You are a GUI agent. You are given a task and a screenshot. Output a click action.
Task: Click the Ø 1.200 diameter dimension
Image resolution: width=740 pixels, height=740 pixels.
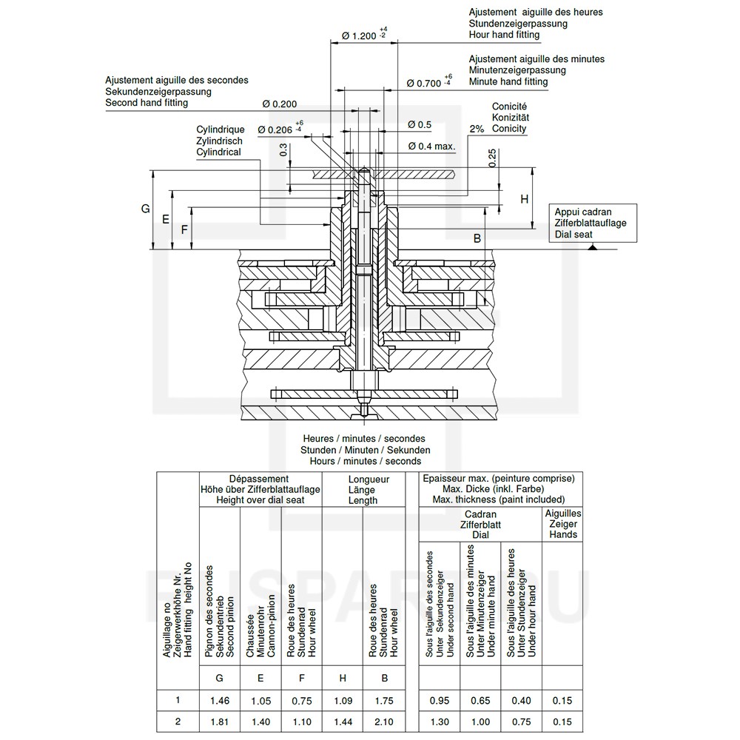[x=365, y=36]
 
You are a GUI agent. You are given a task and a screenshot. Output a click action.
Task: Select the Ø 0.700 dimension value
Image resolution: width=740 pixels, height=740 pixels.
[x=424, y=83]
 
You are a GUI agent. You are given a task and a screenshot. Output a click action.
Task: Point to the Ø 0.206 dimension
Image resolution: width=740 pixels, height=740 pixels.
[x=276, y=129]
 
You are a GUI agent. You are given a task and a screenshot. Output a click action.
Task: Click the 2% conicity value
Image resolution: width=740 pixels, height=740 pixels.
[x=476, y=129]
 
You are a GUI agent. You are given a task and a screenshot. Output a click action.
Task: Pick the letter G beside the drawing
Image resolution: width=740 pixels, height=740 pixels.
[x=146, y=209]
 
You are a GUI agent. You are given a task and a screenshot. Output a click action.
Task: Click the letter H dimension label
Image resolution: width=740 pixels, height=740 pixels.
[x=524, y=199]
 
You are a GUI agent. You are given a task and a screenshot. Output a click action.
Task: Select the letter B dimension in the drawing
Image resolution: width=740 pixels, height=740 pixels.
[x=477, y=238]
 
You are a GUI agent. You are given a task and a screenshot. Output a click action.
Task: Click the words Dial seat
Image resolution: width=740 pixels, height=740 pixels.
[x=573, y=235]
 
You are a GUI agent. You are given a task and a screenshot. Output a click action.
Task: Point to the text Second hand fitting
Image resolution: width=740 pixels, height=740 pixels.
[x=147, y=103]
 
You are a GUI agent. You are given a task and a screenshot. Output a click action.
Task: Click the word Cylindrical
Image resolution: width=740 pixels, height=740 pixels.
[x=218, y=152]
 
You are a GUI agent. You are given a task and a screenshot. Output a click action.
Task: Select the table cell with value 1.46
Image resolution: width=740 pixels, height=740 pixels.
[x=219, y=701]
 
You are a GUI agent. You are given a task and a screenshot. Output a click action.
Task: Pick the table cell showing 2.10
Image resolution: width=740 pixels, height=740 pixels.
[x=384, y=722]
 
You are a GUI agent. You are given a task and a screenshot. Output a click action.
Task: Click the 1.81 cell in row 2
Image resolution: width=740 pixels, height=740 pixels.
[x=219, y=722]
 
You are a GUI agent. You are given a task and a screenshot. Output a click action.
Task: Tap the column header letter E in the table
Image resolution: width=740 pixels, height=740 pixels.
[x=260, y=677]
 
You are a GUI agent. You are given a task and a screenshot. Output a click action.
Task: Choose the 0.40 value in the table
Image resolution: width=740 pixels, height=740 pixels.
[x=521, y=701]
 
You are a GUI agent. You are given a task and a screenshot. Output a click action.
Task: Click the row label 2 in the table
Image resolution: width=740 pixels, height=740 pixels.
[x=178, y=722]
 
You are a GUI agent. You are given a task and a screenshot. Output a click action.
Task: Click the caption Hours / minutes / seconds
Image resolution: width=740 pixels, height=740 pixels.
[x=366, y=461]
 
